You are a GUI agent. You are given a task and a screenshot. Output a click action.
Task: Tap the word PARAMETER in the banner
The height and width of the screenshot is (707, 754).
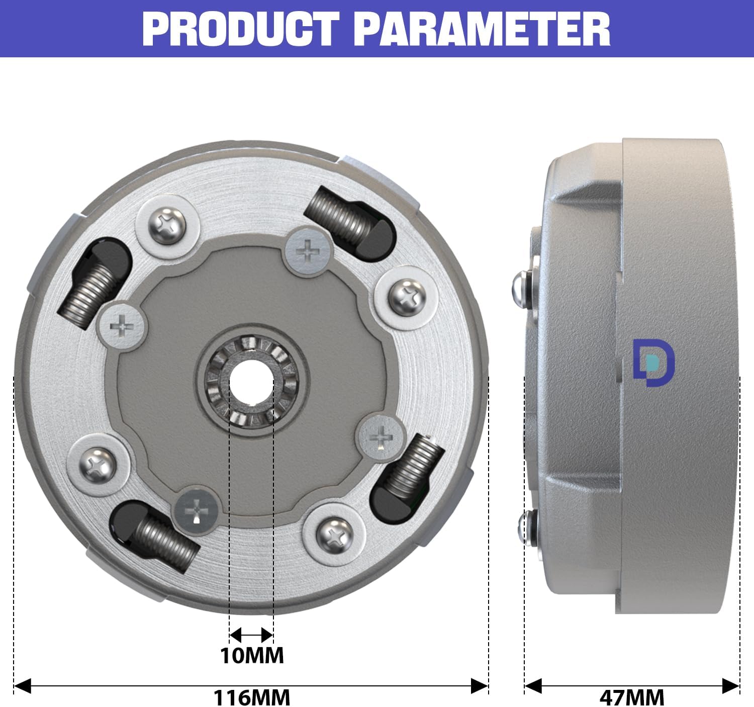[483, 29]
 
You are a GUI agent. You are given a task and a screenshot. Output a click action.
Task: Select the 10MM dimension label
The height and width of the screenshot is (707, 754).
[252, 655]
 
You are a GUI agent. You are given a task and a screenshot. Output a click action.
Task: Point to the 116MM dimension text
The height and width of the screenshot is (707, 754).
[252, 697]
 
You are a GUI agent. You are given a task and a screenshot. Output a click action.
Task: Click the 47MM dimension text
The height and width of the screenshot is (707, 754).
[632, 697]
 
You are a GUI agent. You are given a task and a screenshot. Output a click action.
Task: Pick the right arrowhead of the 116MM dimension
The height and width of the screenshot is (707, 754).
[480, 685]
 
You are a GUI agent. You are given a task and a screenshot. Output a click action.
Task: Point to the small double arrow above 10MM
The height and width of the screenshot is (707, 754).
[251, 635]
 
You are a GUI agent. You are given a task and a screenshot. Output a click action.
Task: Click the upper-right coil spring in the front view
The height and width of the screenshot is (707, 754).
[337, 214]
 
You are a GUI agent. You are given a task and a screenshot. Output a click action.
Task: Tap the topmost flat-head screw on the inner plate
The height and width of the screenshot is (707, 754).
[308, 251]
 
